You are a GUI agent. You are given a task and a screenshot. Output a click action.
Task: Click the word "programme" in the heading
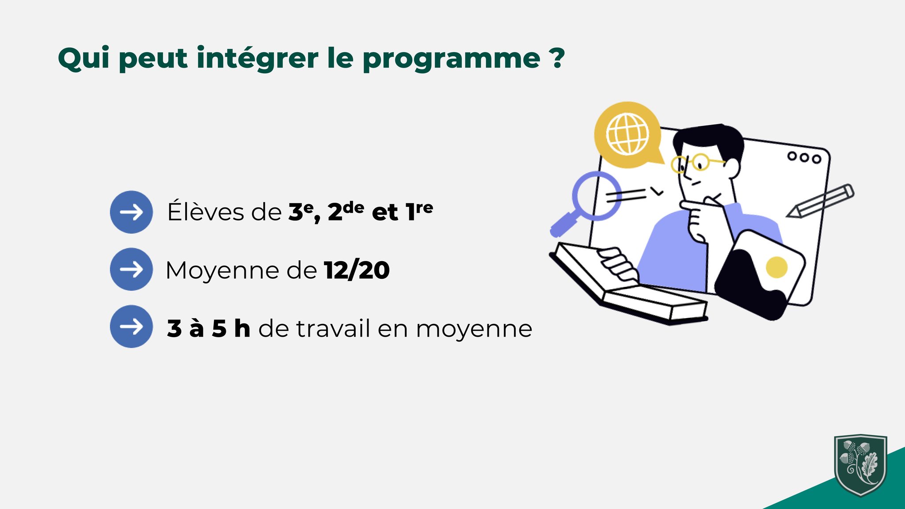(x=451, y=59)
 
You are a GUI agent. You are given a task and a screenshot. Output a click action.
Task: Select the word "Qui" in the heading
(x=84, y=57)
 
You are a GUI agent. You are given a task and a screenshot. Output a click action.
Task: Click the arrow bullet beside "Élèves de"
(x=131, y=212)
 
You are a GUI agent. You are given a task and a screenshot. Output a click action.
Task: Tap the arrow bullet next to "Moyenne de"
(x=131, y=269)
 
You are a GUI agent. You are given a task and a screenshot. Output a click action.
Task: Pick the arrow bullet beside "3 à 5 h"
(x=131, y=327)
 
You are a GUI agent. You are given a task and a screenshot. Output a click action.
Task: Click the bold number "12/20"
(x=357, y=270)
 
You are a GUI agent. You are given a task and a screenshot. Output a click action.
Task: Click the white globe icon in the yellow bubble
(x=627, y=134)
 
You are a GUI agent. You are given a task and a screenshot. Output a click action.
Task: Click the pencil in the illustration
(x=820, y=201)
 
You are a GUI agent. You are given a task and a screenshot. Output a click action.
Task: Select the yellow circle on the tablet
(x=776, y=267)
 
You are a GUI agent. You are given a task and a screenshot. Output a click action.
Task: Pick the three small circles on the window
(x=804, y=157)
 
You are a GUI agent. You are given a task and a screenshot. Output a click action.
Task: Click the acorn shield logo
(x=860, y=465)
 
